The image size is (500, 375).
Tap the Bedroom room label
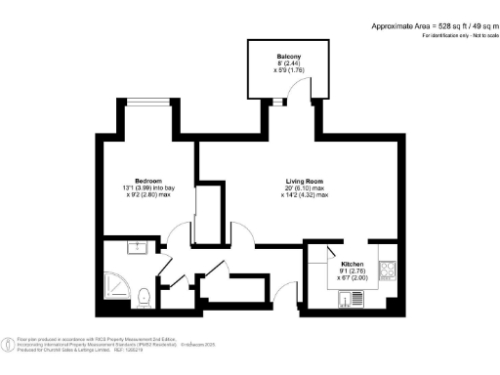tap(147, 181)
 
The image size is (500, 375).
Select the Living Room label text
tap(306, 182)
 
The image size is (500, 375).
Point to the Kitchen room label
tap(353, 265)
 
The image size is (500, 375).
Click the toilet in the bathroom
tap(143, 295)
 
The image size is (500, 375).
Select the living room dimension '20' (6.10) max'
tap(306, 188)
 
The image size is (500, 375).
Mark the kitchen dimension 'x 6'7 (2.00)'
tap(353, 277)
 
